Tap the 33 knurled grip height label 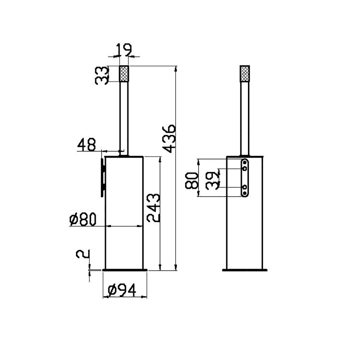(101, 75)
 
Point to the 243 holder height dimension (153, 208)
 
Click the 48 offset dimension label (86, 145)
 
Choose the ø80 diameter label (83, 219)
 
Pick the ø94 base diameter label (122, 290)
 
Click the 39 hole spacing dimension (213, 180)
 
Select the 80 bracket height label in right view (191, 181)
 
